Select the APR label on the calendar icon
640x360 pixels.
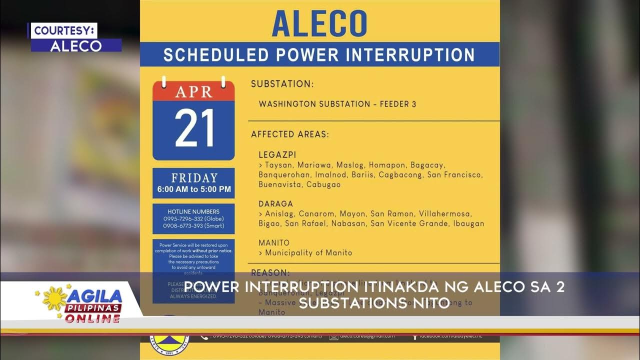(193, 91)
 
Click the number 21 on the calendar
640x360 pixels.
(194, 128)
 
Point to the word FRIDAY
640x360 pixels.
(194, 178)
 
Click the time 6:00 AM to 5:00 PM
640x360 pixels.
(194, 189)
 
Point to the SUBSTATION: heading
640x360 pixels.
(282, 84)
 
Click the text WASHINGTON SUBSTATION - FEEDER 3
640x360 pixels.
(337, 104)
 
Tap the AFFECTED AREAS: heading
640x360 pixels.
(290, 134)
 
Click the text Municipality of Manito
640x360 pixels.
(308, 253)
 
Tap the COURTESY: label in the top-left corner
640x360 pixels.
(63, 30)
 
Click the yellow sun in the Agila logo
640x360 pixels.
(54, 298)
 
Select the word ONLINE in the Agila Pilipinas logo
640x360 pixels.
(92, 318)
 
